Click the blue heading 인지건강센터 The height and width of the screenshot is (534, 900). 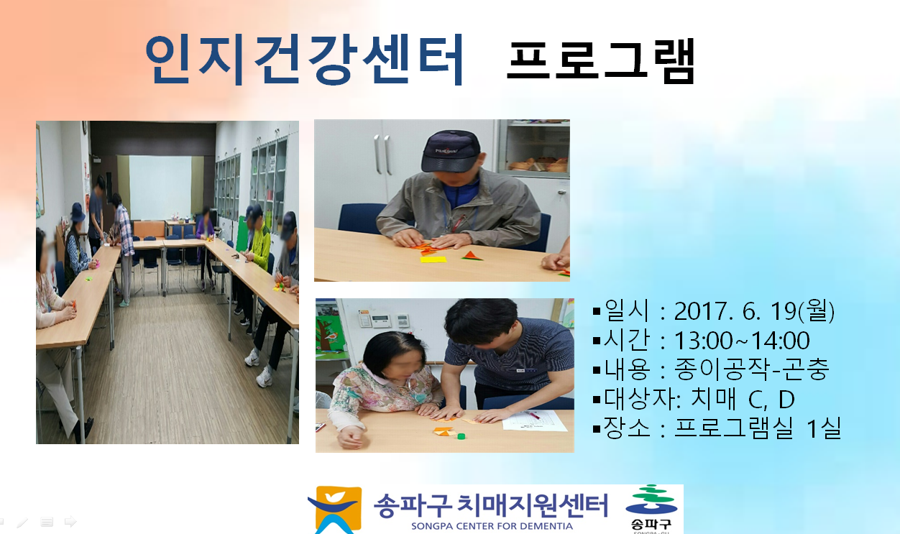coord(305,59)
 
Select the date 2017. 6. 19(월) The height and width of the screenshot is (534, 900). coord(754,311)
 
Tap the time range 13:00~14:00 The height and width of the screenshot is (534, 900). coord(742,341)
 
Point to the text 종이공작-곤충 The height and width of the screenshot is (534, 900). coord(751,369)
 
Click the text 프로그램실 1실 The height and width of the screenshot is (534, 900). coord(758,428)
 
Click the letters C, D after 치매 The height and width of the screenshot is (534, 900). coord(771,400)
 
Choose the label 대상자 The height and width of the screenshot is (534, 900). coord(633,399)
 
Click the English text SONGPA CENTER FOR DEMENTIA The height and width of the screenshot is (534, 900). coord(492,526)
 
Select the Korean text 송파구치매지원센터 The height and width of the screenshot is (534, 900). coord(490,505)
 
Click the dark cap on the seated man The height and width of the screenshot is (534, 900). coord(451,151)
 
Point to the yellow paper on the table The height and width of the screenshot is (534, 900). coord(433,259)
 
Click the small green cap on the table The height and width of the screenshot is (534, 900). coord(461,436)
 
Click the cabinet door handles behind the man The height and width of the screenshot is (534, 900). coord(382,155)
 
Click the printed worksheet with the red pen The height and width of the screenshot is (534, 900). coord(534,420)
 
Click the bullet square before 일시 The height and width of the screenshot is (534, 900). coord(597,312)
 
